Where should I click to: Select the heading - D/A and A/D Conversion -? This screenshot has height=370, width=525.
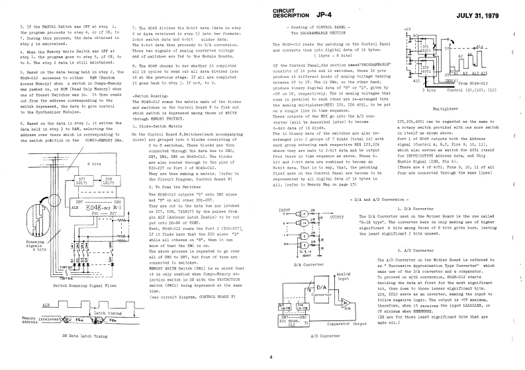[x=382, y=180]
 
